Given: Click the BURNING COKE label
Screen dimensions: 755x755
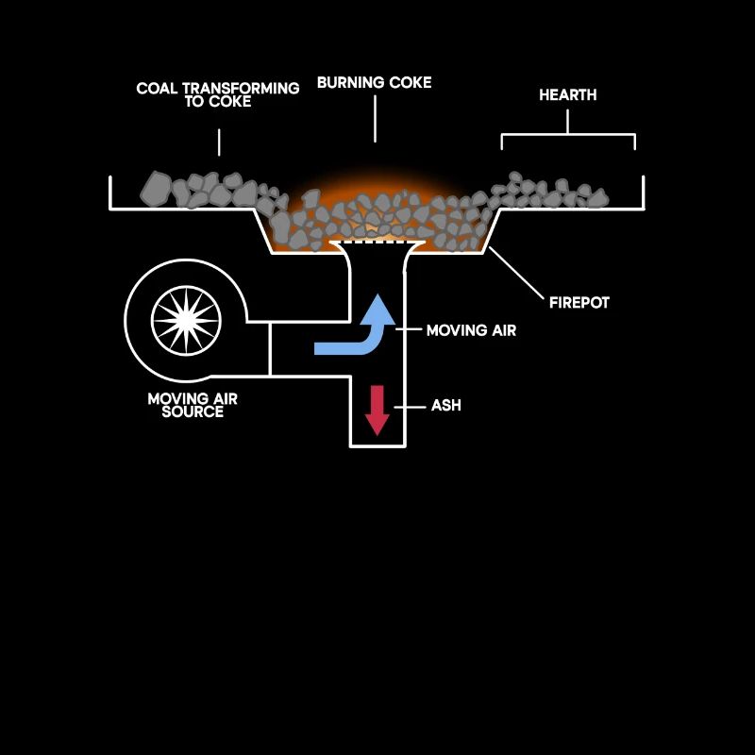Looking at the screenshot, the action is click(x=374, y=83).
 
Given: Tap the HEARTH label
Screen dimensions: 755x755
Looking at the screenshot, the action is click(x=568, y=95).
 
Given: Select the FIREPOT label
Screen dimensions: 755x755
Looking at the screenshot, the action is click(x=579, y=303).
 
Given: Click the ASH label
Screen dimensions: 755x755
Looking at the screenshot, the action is click(x=445, y=406).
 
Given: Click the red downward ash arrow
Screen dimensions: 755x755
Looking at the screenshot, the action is click(x=377, y=411).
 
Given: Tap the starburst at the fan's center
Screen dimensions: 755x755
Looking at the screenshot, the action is click(x=186, y=321).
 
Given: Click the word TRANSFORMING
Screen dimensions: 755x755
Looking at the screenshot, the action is click(x=241, y=89).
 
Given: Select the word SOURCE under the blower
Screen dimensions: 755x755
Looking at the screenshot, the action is click(x=193, y=411).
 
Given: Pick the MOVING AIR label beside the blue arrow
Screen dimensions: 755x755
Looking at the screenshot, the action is click(x=471, y=330).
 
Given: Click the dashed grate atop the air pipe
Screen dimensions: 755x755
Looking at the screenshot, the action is click(x=377, y=243).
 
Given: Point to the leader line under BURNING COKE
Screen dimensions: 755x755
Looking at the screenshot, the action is click(x=375, y=119).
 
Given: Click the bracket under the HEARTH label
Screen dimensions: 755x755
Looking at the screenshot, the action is click(x=568, y=134).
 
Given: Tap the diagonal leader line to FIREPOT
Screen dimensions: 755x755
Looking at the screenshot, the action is click(x=516, y=273).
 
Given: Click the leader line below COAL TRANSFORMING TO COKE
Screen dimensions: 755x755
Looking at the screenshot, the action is click(x=219, y=143).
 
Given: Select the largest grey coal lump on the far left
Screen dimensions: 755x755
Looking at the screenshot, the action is click(x=156, y=189).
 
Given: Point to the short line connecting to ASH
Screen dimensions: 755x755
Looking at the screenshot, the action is click(x=410, y=408).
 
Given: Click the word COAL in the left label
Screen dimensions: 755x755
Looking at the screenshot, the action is click(x=157, y=89).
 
